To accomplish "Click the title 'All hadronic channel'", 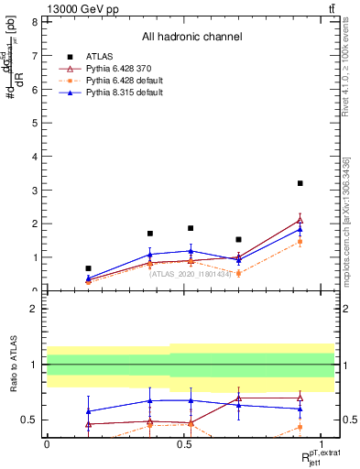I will pyautogui.click(x=191, y=38).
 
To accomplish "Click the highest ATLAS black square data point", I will pyautogui.click(x=300, y=183).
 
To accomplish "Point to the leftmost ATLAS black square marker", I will pyautogui.click(x=88, y=268).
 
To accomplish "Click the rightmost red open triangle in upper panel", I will pyautogui.click(x=300, y=220).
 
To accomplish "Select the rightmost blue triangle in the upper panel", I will pyautogui.click(x=300, y=229).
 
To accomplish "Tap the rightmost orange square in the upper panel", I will pyautogui.click(x=300, y=242).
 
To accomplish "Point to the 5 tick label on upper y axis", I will pyautogui.click(x=34, y=123).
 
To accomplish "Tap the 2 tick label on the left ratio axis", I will pyautogui.click(x=34, y=309).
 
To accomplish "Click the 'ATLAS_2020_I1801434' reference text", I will pyautogui.click(x=191, y=273).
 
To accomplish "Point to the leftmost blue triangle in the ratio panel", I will pyautogui.click(x=88, y=411).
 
